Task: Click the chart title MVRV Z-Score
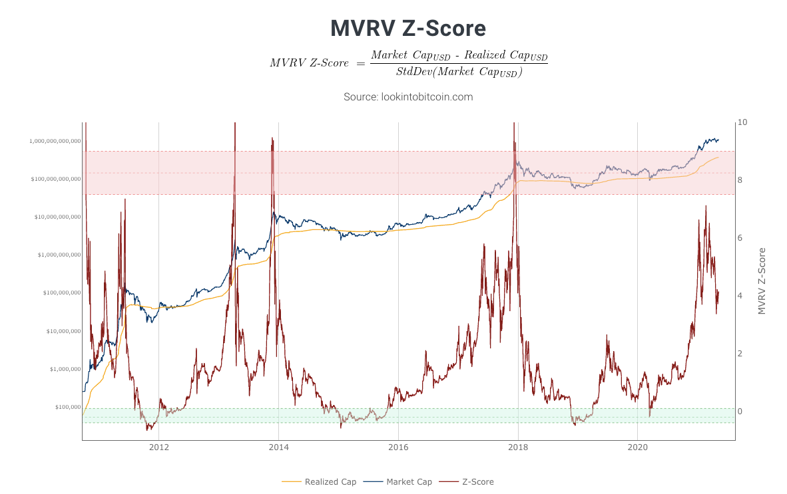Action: [x=408, y=29]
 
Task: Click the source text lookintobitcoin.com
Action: [x=427, y=96]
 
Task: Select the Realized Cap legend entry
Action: [x=319, y=481]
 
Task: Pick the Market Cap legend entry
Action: [x=397, y=481]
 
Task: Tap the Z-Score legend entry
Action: [x=466, y=481]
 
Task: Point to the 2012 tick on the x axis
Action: [x=159, y=447]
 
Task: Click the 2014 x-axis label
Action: [x=278, y=447]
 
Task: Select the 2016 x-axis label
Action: [x=398, y=447]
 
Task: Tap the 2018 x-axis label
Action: [x=518, y=447]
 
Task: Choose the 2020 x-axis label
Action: [x=637, y=447]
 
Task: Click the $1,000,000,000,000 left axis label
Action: [x=55, y=142]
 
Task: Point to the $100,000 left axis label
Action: [x=68, y=408]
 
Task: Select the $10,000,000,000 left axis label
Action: [x=58, y=217]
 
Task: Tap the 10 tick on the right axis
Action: [x=742, y=122]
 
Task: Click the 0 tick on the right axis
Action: [x=740, y=412]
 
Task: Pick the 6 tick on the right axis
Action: [x=740, y=238]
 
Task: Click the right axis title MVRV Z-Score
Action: [x=762, y=281]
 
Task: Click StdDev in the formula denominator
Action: [x=414, y=72]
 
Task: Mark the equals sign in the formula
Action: [x=360, y=64]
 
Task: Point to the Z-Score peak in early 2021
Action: [x=706, y=206]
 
